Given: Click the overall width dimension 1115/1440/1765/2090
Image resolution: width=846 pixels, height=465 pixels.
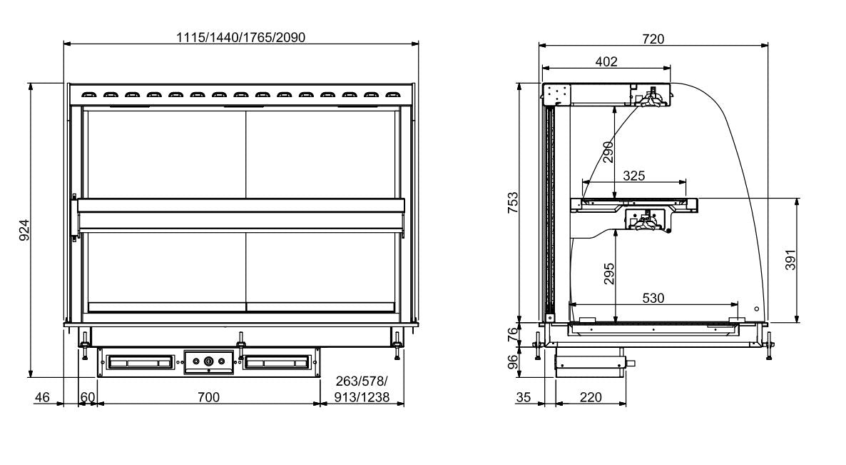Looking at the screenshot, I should [x=241, y=37].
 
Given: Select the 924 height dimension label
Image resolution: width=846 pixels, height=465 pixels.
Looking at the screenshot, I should [x=23, y=231].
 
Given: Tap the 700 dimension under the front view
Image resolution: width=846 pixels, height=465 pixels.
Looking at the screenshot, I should [x=208, y=397].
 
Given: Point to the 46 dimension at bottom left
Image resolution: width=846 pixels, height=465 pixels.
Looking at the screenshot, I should [x=43, y=397].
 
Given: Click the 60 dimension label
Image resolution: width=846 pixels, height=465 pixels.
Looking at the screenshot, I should [x=87, y=397].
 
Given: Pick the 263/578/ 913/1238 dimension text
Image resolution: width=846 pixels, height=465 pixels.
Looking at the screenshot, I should [x=362, y=391].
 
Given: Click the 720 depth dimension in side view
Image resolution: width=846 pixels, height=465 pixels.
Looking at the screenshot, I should [x=653, y=39].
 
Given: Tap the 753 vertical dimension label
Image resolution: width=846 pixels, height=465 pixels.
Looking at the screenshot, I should [x=513, y=203].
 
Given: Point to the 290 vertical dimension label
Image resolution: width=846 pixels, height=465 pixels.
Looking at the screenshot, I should [x=608, y=152].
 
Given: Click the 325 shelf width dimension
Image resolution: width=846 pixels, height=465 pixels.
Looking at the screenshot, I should [x=635, y=175].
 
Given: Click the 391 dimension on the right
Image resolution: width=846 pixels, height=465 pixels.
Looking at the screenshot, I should [x=790, y=260].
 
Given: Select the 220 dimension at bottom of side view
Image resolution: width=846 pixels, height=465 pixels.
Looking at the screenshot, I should [x=590, y=397].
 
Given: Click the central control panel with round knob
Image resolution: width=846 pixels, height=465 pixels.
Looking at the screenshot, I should [x=208, y=362].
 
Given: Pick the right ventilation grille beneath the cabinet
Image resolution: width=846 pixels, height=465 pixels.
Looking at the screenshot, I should [x=277, y=363].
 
